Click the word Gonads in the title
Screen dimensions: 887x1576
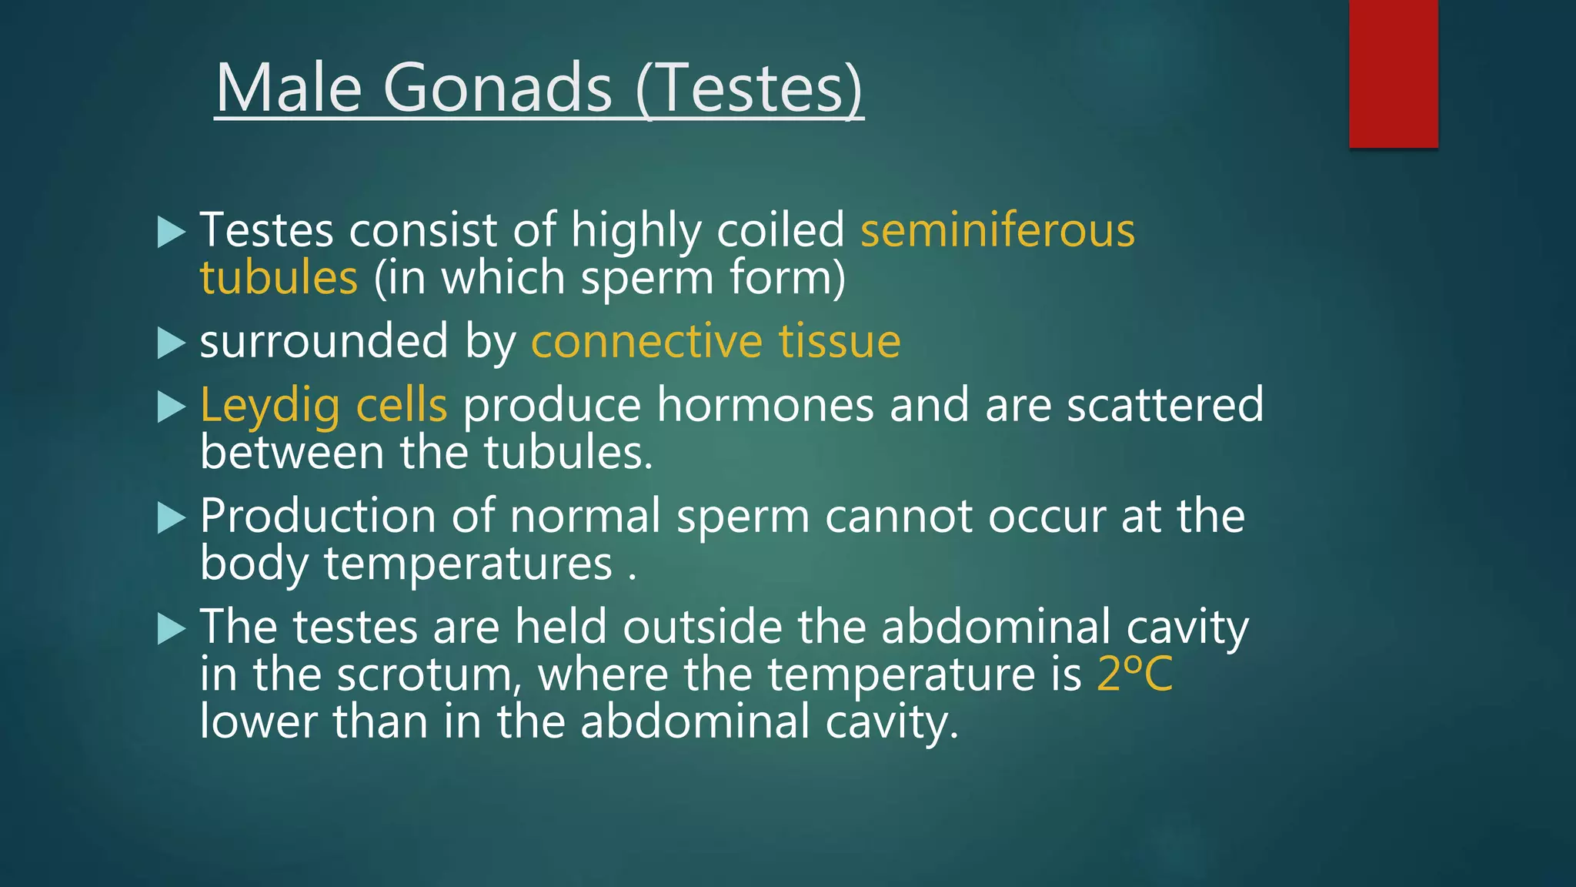[497, 88]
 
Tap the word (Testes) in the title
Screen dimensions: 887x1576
[750, 88]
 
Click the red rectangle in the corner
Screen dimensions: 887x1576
[1393, 73]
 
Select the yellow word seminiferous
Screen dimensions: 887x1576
[997, 230]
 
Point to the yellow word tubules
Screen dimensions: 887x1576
[279, 278]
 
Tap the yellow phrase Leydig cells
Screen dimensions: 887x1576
[323, 406]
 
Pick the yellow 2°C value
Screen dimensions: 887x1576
[1134, 674]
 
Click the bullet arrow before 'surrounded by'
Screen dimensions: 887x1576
[171, 343]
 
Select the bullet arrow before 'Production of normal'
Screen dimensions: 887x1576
[171, 517]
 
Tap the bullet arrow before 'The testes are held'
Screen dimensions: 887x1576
[171, 628]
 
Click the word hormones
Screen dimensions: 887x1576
[765, 406]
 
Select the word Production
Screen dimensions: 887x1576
[318, 516]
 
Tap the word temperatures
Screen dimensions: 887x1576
[468, 564]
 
